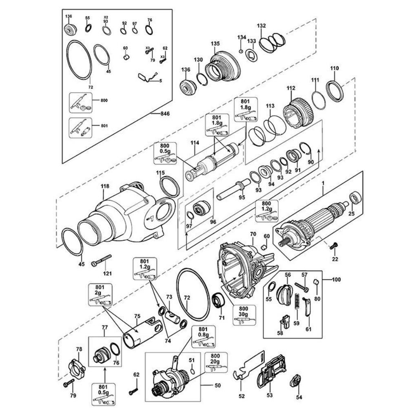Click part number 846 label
click(x=165, y=114)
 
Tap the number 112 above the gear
click(x=291, y=88)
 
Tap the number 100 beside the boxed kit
click(x=337, y=280)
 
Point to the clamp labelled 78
click(x=77, y=368)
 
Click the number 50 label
click(x=218, y=385)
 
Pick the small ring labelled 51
click(x=192, y=371)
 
